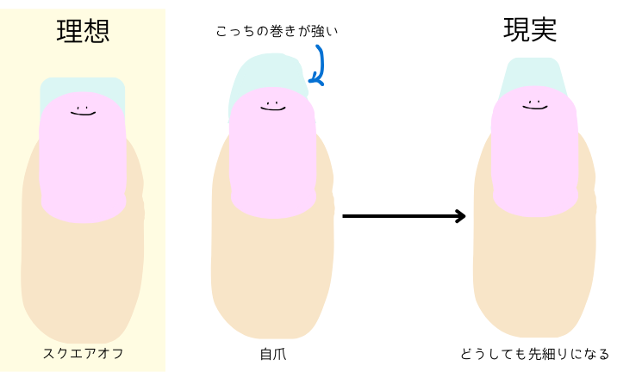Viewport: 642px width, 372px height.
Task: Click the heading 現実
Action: coord(530,31)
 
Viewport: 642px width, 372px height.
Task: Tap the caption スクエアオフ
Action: coord(83,353)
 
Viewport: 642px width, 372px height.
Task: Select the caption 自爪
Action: coord(271,353)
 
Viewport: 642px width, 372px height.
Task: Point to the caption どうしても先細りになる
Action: coord(535,353)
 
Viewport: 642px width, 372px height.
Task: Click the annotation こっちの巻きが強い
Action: coord(277,32)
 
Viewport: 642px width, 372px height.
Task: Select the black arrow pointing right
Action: coord(403,216)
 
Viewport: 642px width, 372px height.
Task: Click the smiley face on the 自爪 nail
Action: coord(272,106)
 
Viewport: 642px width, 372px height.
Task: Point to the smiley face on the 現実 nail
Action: coord(534,104)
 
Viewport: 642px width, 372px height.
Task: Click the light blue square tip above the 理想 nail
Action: coord(83,86)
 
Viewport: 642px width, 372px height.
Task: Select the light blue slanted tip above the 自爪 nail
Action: coord(263,73)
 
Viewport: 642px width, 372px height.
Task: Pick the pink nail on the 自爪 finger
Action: coord(272,155)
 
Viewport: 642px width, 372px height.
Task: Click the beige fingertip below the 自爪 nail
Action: coord(272,276)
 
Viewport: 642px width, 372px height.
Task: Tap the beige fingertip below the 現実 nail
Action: coord(534,276)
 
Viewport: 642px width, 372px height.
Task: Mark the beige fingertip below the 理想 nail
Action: coord(83,276)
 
